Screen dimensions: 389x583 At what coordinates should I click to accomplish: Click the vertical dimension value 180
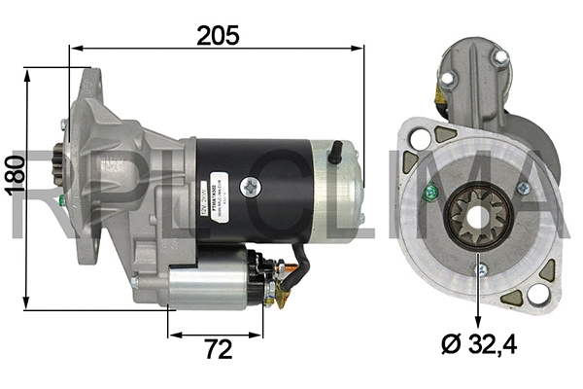pyautogui.click(x=13, y=174)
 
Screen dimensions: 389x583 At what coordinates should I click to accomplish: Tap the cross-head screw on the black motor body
pyautogui.click(x=256, y=185)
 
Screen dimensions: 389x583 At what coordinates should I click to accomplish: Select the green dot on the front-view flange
pyautogui.click(x=426, y=191)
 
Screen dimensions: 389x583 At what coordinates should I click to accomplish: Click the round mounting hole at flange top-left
pyautogui.click(x=421, y=139)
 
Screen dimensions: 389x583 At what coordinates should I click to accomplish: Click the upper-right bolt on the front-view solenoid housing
pyautogui.click(x=500, y=58)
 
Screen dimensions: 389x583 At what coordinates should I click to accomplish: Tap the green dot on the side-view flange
pyautogui.click(x=62, y=202)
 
